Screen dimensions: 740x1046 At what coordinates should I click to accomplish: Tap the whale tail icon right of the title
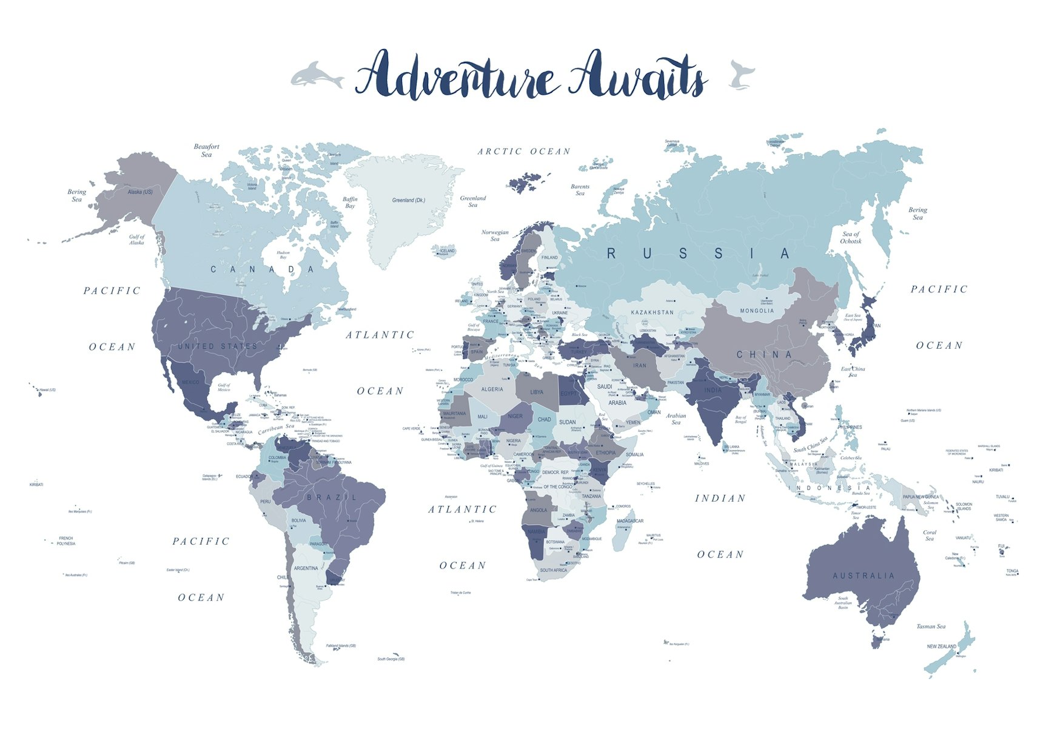click(x=742, y=75)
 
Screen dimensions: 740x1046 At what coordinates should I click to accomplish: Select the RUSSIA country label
click(x=699, y=254)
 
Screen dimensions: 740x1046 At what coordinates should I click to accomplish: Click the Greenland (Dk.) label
click(x=408, y=200)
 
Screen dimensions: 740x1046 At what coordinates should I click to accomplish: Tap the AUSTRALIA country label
click(x=863, y=576)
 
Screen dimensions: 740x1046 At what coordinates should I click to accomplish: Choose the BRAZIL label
click(x=332, y=497)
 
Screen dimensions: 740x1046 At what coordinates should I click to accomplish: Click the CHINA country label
click(x=764, y=354)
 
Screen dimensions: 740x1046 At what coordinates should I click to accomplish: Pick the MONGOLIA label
click(x=757, y=311)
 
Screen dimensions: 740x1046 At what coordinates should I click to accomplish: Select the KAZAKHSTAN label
click(x=652, y=312)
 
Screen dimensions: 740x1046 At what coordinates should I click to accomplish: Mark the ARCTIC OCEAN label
click(x=524, y=152)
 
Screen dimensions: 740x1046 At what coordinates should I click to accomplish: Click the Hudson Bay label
click(x=283, y=255)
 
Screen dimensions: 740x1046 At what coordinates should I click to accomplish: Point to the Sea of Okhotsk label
click(x=851, y=238)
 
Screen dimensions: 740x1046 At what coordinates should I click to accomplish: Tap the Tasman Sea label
click(x=931, y=627)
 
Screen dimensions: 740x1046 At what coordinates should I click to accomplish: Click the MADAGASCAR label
click(x=630, y=521)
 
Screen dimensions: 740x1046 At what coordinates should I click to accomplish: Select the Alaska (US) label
click(x=140, y=192)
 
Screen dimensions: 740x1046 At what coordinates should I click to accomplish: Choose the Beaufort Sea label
click(x=207, y=150)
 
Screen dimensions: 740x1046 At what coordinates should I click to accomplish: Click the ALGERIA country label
click(x=492, y=389)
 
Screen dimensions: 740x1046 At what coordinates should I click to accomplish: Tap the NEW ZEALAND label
click(x=941, y=647)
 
